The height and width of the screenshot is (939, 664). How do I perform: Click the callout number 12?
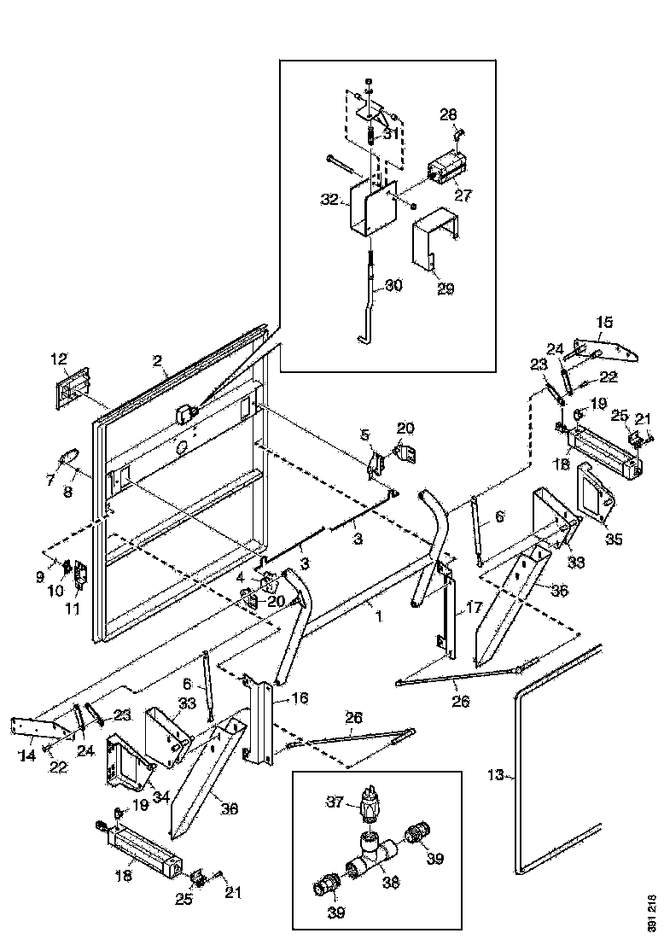coord(58,358)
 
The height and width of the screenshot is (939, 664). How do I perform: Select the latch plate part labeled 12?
coord(72,388)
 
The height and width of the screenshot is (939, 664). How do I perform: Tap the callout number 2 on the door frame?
coord(157,362)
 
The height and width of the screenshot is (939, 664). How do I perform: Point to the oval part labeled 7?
coord(68,457)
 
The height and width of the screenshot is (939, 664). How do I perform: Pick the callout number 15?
coord(604,322)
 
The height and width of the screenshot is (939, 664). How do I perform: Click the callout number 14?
coord(28,754)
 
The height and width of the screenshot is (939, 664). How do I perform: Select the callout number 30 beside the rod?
coord(393,287)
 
